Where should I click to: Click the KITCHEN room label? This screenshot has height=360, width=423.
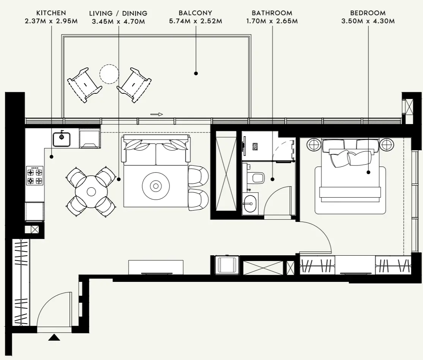tap(51, 13)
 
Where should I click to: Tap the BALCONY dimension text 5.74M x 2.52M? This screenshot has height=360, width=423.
tap(195, 21)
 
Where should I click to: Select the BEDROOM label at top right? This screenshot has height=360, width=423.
tap(368, 13)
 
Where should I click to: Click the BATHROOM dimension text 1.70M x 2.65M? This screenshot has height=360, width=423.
tap(272, 21)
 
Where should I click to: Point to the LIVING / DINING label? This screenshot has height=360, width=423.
tap(118, 13)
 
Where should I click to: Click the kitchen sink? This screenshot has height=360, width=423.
tap(61, 139)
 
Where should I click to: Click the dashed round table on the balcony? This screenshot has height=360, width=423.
tap(109, 74)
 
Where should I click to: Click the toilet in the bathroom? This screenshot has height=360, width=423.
tap(256, 178)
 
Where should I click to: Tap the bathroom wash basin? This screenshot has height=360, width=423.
tap(249, 204)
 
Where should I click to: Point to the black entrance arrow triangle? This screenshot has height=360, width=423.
tap(54, 337)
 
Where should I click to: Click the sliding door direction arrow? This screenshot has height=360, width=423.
tap(156, 114)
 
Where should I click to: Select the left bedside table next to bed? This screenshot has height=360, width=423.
tap(314, 145)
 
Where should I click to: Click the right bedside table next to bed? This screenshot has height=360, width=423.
tap(386, 145)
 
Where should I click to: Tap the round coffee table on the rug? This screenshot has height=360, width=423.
tap(156, 186)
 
